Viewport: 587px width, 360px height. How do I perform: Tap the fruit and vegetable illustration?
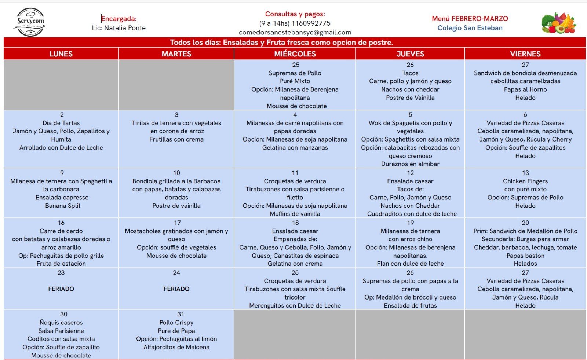(558, 23)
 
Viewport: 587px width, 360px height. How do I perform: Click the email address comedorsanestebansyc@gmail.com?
(295, 32)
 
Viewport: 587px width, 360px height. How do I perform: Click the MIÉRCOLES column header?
(295, 54)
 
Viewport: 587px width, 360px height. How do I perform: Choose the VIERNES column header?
(525, 54)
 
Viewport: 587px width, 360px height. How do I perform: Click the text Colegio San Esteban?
(470, 28)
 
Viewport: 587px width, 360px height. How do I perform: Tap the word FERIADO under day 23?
(61, 289)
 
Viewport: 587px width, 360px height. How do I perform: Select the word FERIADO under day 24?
(176, 289)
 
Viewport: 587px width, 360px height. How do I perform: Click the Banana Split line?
(63, 206)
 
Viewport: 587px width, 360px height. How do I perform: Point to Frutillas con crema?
(176, 139)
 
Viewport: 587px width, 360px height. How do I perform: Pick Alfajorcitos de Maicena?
(176, 347)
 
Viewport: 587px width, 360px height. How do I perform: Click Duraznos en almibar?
(410, 164)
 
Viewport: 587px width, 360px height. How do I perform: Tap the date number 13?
(525, 173)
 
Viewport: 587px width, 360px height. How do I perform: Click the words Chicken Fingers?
(525, 181)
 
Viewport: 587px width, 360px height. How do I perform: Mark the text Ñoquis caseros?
(61, 323)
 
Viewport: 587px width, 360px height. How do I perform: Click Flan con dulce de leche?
(410, 264)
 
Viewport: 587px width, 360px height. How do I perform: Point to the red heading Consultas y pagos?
(295, 14)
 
